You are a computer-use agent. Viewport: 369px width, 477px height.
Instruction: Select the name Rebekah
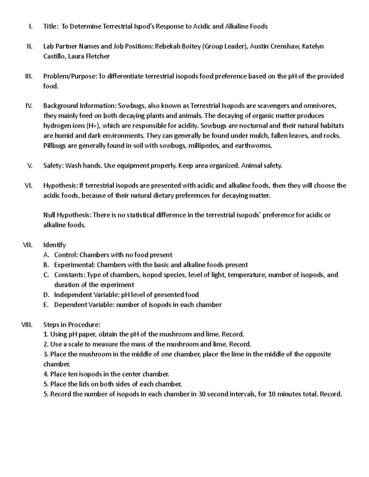[166, 46]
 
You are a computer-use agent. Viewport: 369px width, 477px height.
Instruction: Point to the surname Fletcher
[98, 56]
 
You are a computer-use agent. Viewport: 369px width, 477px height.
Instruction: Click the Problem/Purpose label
[70, 76]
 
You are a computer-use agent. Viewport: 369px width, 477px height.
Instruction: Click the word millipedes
[203, 146]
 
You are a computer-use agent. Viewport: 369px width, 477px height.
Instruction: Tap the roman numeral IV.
[29, 106]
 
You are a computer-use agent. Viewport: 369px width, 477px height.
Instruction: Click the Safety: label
[54, 166]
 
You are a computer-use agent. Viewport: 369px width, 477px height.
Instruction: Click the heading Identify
[54, 245]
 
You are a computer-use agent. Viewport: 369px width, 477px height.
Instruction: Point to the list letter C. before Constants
[46, 275]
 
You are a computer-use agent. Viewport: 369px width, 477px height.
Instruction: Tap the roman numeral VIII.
[26, 325]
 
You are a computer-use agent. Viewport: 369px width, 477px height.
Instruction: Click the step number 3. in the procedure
[46, 354]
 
